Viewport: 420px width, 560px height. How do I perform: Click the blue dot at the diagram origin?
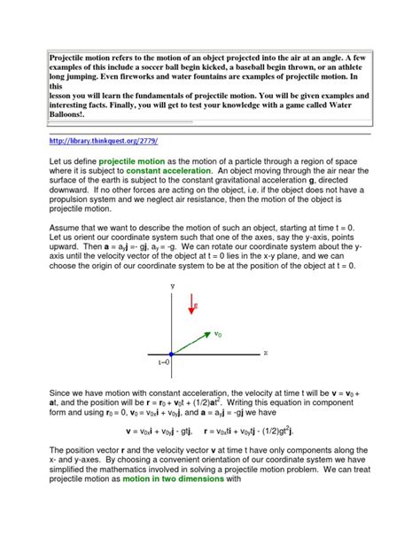coord(171,354)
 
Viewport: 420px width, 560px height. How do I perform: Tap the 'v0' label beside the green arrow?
coord(218,334)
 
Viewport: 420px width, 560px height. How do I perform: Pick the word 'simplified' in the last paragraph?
coord(71,494)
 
